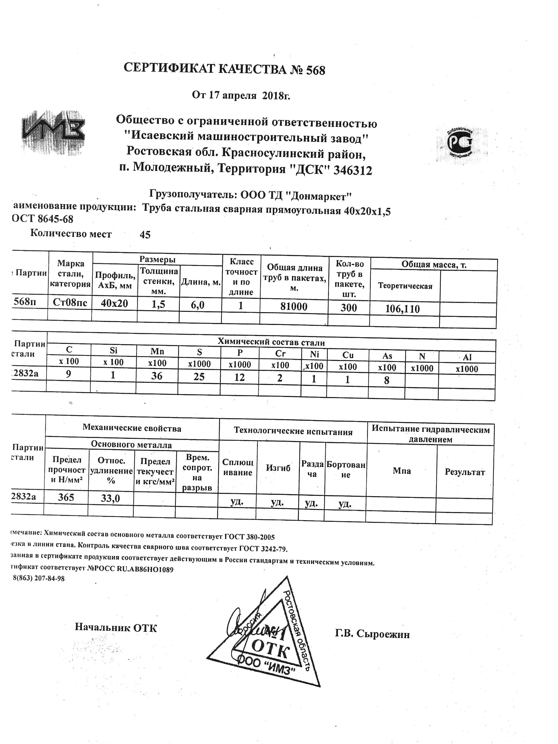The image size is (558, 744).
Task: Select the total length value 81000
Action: pos(294,306)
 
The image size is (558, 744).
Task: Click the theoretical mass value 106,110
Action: pos(403,309)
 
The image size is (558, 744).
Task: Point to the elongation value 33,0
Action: pos(110,498)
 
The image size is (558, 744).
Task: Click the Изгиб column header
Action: pos(278,468)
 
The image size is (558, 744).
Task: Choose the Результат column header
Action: pos(465,472)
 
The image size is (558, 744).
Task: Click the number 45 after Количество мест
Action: pos(145,235)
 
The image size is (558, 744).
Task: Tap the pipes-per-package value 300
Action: pos(349,308)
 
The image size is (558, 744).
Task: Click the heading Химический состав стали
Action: pos(271,342)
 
